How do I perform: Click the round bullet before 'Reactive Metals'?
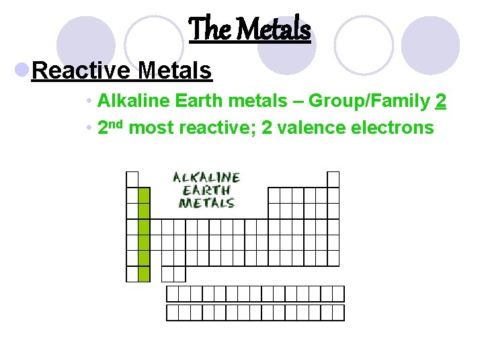[x=22, y=70]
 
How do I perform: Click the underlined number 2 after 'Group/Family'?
[x=441, y=102]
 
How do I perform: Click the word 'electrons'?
[x=393, y=127]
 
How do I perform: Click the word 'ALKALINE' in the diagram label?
[x=206, y=177]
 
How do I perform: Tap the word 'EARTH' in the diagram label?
[x=206, y=190]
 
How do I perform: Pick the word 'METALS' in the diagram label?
[x=206, y=202]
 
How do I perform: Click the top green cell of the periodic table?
[x=143, y=195]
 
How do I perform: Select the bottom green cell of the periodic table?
[x=143, y=274]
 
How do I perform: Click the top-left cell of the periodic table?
[x=132, y=179]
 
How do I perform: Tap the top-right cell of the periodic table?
[x=333, y=179]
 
